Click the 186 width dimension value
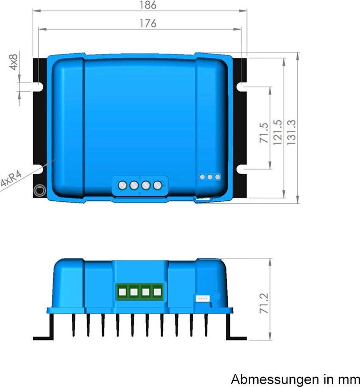[x=148, y=5]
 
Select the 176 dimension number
[x=148, y=23]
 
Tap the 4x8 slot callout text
[x=14, y=62]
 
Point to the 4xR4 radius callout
[x=11, y=179]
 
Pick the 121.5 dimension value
[x=278, y=133]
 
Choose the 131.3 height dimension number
[x=291, y=132]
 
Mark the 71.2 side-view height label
[x=264, y=303]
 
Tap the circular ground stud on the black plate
[x=40, y=191]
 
